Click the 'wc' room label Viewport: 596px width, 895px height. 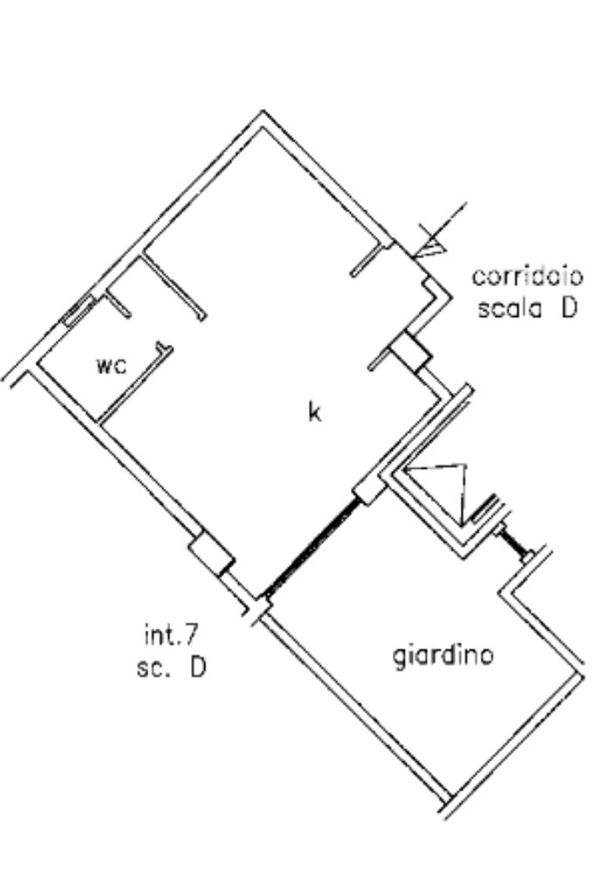tap(112, 365)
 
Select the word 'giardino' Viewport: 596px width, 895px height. tap(443, 654)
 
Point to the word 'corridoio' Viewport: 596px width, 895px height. tap(528, 277)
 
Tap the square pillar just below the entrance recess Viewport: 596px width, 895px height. tap(409, 352)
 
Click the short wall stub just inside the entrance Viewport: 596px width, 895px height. tap(367, 260)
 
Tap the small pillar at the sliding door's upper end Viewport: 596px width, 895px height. tap(369, 487)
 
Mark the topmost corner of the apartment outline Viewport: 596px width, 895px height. tap(264, 113)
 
